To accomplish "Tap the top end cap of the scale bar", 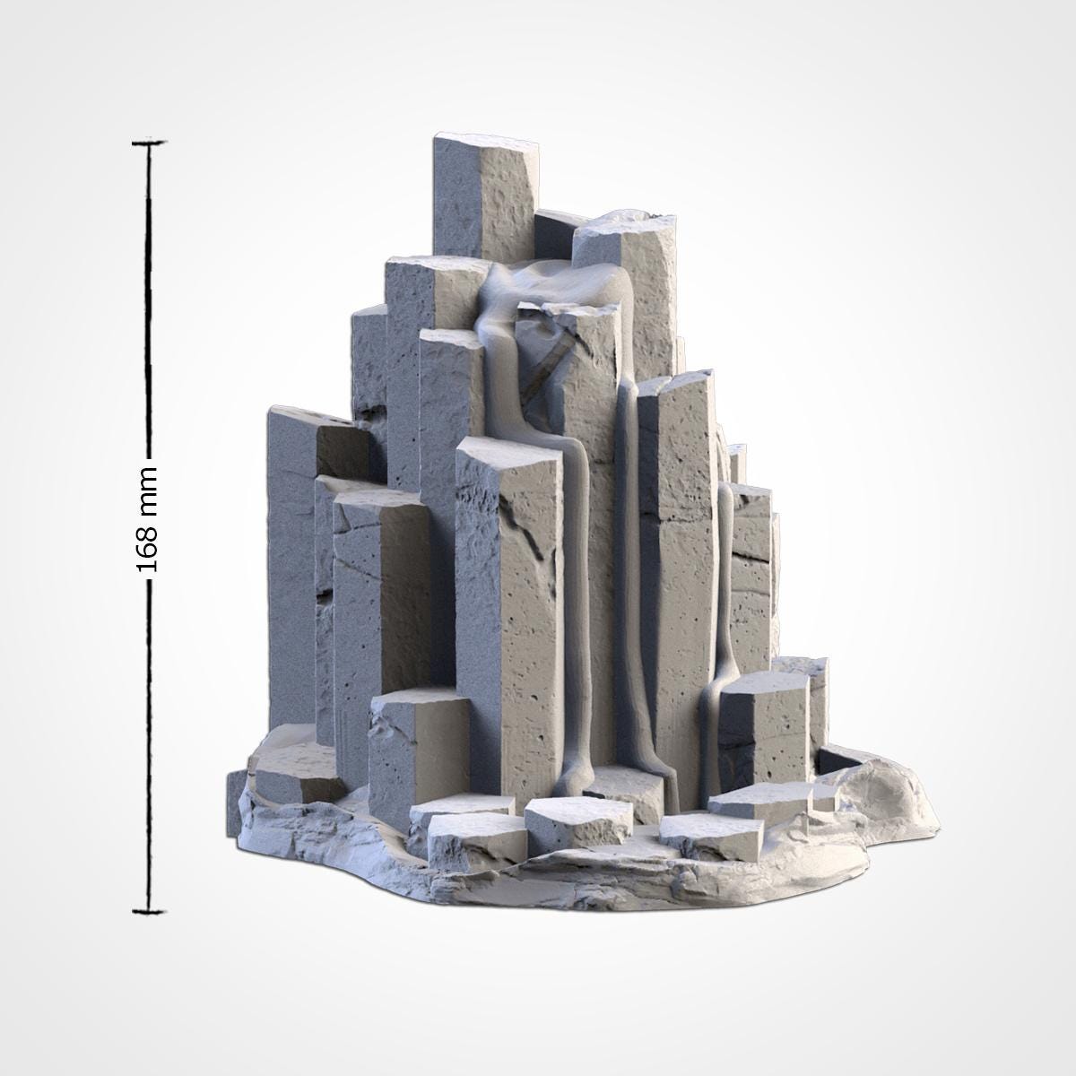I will pos(149,142).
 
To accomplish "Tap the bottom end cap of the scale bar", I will pos(149,913).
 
